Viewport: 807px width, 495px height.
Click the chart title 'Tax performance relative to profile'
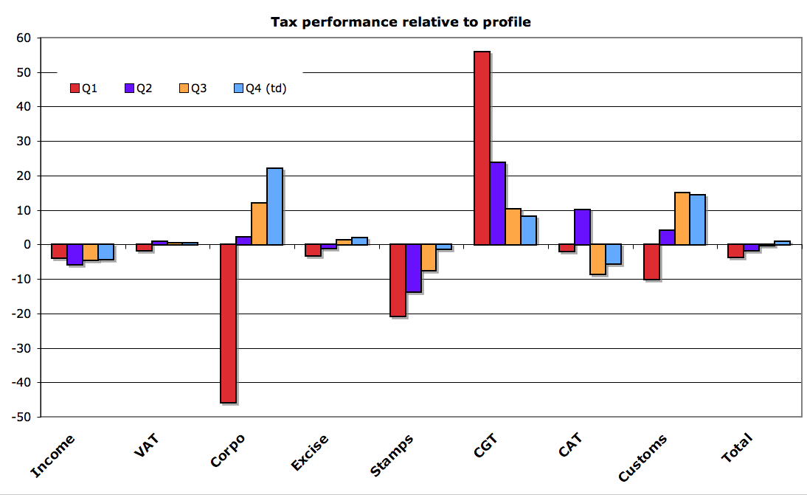coord(401,22)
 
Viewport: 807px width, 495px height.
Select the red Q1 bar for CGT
coord(482,148)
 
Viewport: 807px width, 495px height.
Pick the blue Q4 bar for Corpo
coord(274,207)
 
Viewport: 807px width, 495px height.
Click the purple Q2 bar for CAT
coord(582,226)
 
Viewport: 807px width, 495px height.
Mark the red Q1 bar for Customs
coord(651,262)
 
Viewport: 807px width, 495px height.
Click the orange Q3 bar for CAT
coord(598,259)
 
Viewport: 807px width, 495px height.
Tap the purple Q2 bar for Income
coord(75,254)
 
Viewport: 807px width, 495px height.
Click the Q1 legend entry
coord(83,89)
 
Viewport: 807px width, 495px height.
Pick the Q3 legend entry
coord(193,89)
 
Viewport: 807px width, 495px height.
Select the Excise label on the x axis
coord(310,452)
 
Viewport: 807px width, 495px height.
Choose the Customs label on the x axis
coord(643,457)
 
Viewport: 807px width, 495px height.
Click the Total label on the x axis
coord(736,448)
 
